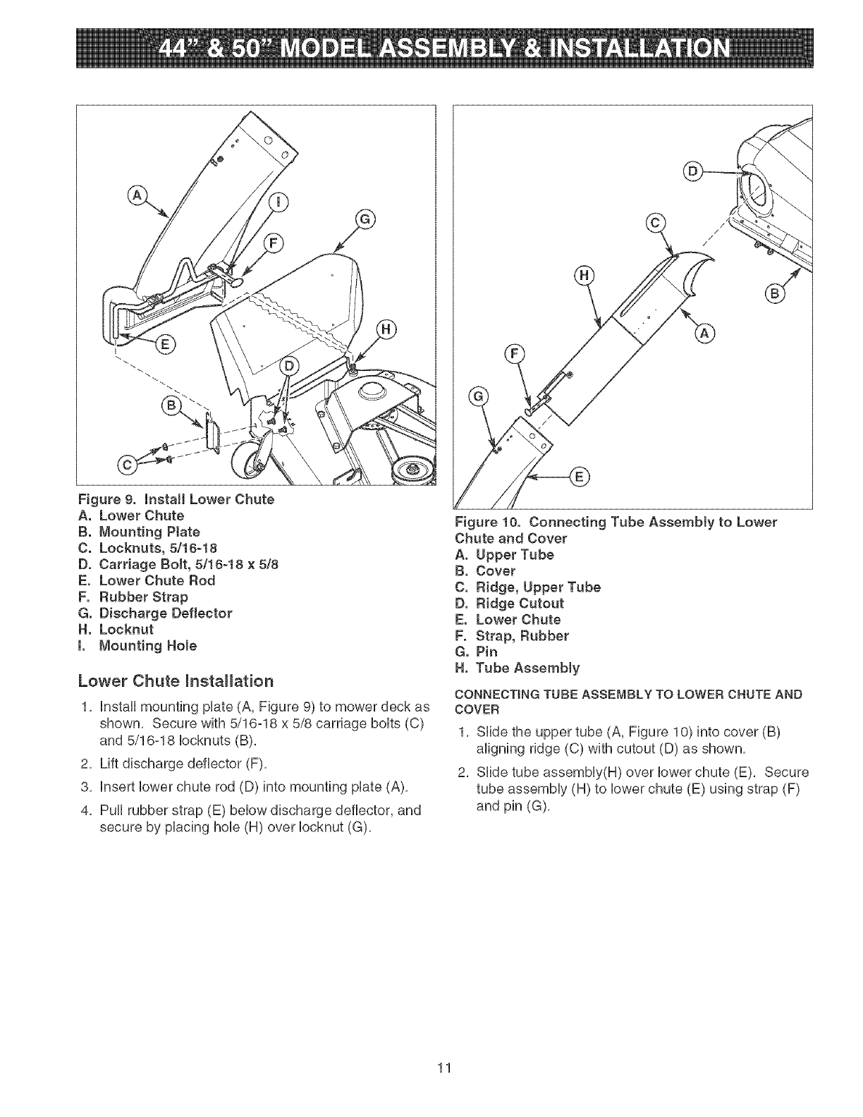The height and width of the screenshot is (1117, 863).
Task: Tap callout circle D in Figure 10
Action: point(695,171)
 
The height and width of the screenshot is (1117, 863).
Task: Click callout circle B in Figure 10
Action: point(773,293)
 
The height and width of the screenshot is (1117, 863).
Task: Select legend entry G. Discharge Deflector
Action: point(165,613)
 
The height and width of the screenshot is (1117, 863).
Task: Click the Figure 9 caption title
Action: point(176,499)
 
